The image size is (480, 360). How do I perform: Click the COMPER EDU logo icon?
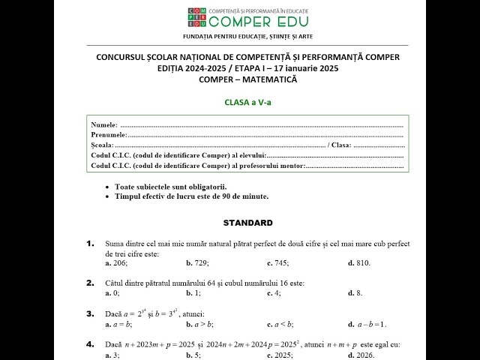point(197,18)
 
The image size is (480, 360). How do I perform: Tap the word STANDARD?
point(247,223)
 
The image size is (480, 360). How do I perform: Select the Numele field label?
point(103,124)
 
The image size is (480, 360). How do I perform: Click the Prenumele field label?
point(109,134)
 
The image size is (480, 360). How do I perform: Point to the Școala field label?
point(102,145)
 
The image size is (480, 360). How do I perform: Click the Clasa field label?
point(340,145)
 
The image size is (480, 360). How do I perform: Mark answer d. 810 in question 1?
point(359,263)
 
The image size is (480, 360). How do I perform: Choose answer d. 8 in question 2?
point(355,293)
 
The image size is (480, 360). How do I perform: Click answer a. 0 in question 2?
point(112,293)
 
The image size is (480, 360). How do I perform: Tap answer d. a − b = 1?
point(367,324)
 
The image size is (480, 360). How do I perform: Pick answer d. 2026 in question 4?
point(361,355)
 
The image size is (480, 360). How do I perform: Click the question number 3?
point(90,313)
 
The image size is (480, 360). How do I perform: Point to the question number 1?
point(90,243)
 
